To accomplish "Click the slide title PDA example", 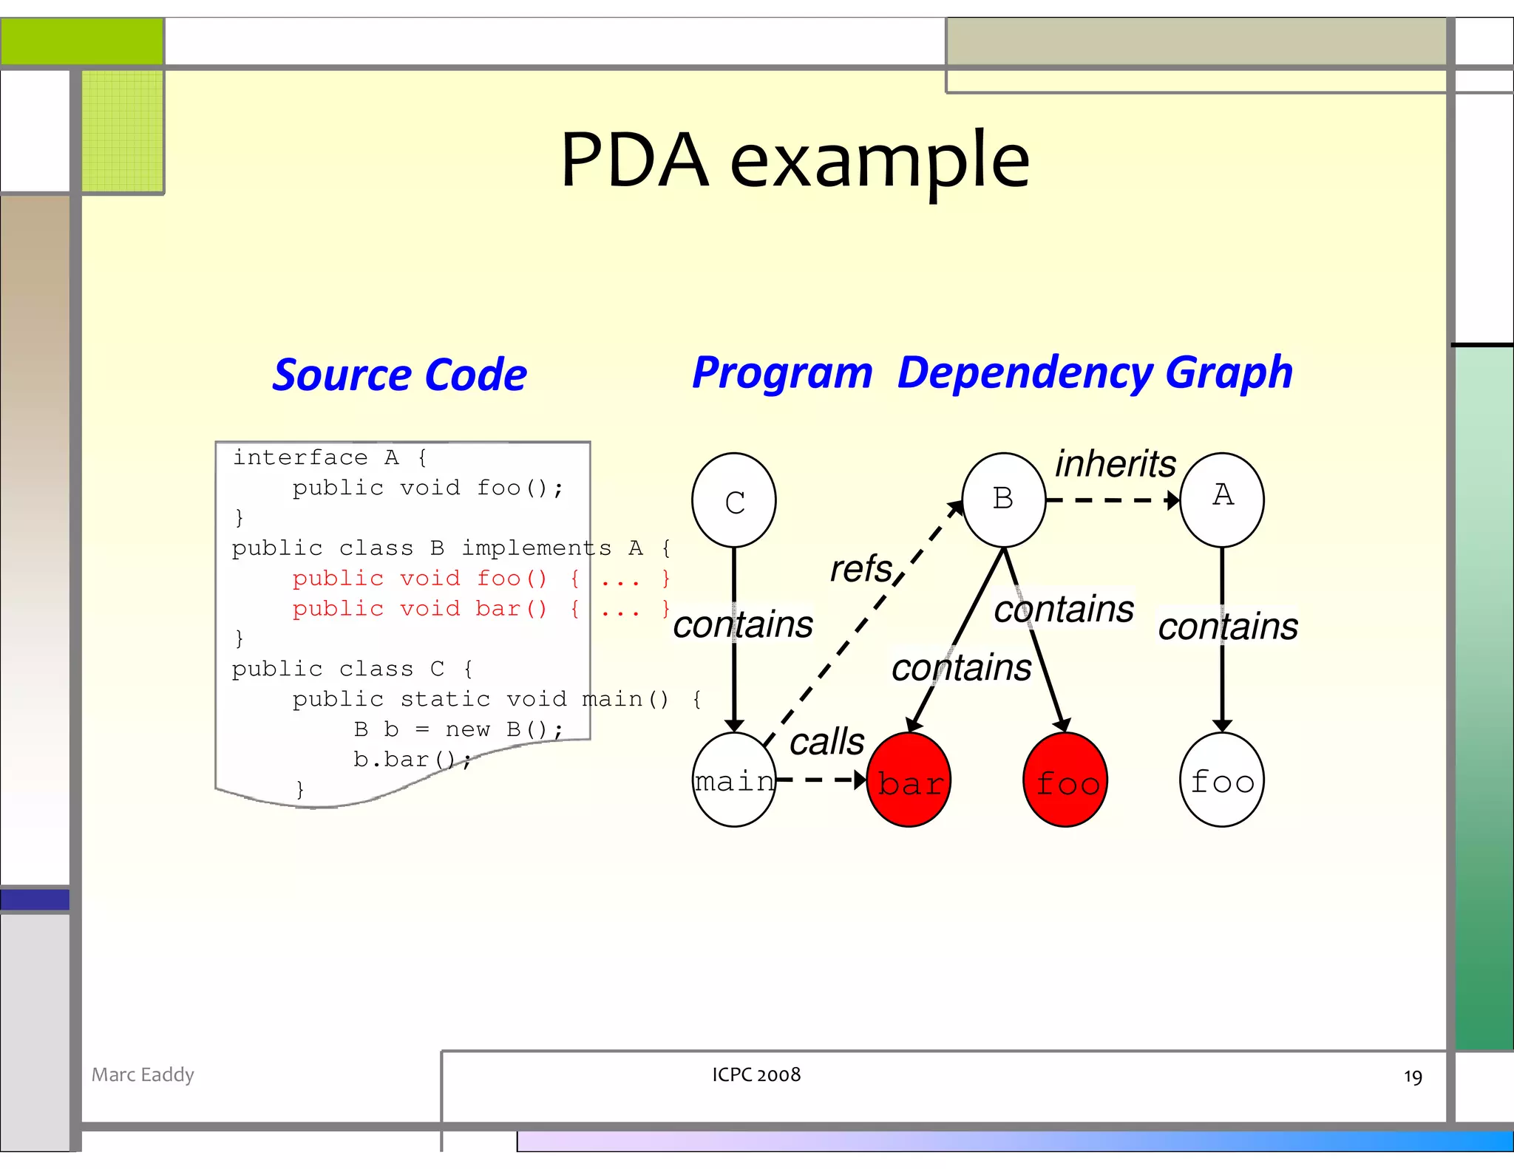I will [x=795, y=160].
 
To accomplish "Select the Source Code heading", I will [x=399, y=375].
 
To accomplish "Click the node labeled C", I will [x=733, y=500].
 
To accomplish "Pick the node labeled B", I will [x=1003, y=500].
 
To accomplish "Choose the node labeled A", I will [x=1222, y=500].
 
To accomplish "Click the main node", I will [x=733, y=780].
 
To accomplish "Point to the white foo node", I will [x=1222, y=780].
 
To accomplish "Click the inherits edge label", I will [x=1115, y=464].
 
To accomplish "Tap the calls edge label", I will [x=826, y=741].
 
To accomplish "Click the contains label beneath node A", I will [x=1227, y=627].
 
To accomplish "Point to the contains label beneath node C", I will [x=742, y=624].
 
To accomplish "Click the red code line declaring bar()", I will [x=481, y=609].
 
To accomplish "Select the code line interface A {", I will [x=330, y=457].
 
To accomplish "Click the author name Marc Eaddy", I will [x=143, y=1074].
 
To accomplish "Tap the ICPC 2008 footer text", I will [x=756, y=1074].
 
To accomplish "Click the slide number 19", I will [x=1412, y=1077].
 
